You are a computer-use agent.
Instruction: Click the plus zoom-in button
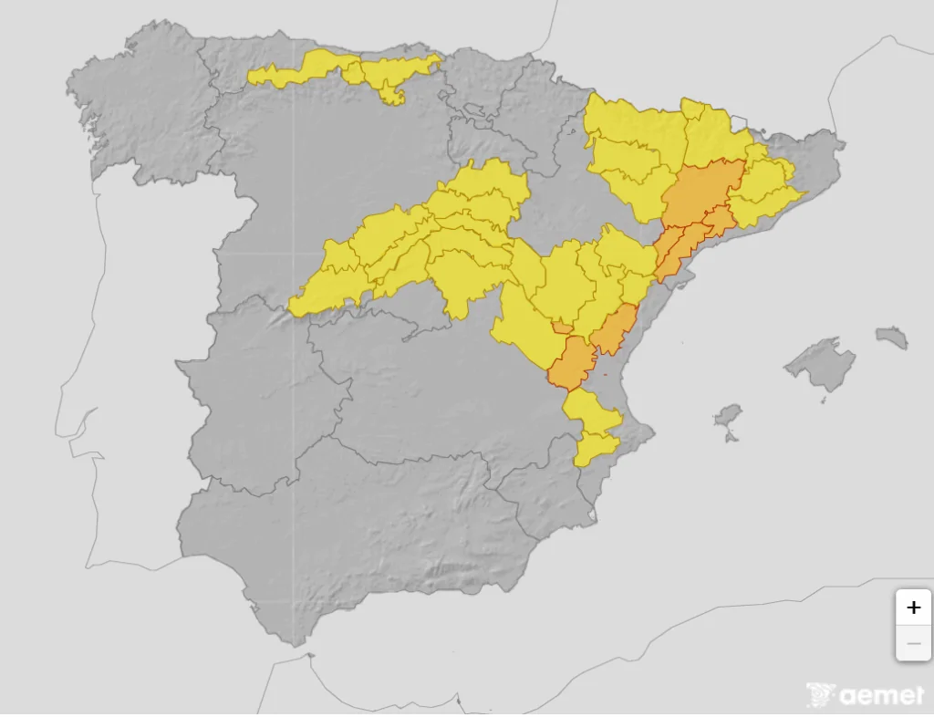tap(913, 608)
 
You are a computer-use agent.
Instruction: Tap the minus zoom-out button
tap(913, 643)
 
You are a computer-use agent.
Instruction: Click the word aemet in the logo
tap(881, 696)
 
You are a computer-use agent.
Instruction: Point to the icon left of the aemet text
tap(821, 695)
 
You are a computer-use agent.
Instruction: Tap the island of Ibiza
tap(728, 418)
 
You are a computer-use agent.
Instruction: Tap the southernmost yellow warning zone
tap(594, 449)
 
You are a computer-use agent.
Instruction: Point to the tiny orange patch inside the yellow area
tap(563, 327)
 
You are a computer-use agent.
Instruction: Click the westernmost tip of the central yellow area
tap(294, 307)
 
